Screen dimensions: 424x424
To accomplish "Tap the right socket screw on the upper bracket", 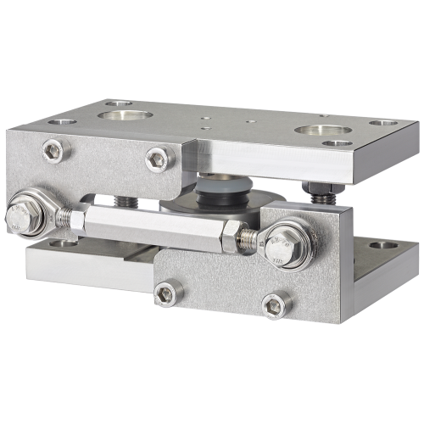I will pos(157,157).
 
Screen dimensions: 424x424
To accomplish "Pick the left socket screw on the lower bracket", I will pos(168,293).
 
